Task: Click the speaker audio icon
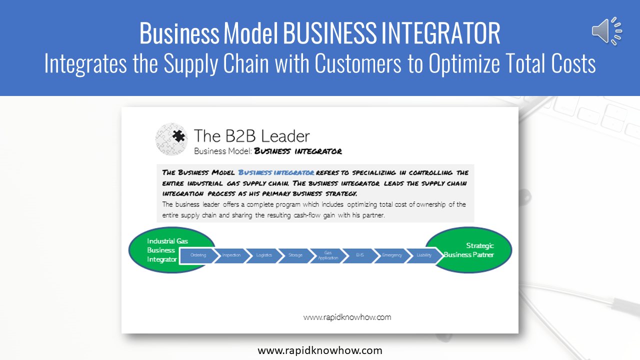[x=606, y=30]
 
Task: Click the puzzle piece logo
[x=171, y=139]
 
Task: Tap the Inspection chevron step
[x=231, y=255]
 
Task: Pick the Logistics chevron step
[x=263, y=255]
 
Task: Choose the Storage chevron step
[x=295, y=255]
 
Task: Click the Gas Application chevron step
[x=328, y=255]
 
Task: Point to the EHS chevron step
[x=360, y=255]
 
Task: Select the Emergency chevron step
[x=391, y=255]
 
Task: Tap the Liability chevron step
[x=424, y=255]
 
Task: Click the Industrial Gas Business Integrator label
[x=162, y=250]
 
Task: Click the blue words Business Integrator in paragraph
[x=276, y=172]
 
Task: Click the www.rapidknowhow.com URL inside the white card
[x=347, y=317]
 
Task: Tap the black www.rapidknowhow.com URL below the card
[x=320, y=350]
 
